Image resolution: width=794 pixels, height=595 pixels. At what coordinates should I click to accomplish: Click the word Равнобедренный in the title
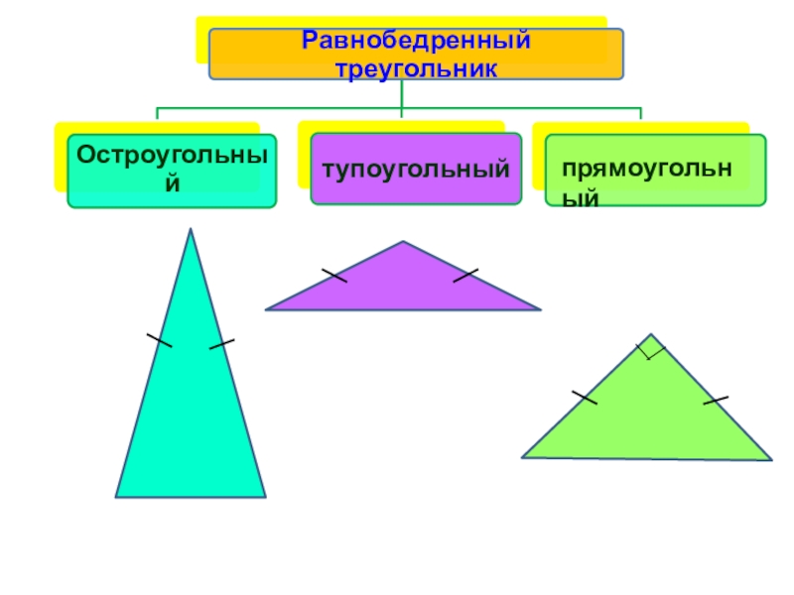pos(416,43)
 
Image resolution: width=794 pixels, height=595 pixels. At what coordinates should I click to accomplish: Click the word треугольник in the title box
pos(416,67)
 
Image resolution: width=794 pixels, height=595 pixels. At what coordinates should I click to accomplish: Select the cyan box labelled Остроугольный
pos(172,171)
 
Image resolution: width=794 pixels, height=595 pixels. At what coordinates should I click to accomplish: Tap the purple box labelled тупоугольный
pos(415,170)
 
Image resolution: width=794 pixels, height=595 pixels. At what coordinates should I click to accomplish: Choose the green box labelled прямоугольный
pos(655,170)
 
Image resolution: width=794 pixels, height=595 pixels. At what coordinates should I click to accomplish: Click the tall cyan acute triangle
pos(191,416)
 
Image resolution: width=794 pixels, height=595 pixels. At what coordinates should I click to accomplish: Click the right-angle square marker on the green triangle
pos(651,348)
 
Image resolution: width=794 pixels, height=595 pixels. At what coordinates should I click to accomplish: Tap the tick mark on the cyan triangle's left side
pos(159,340)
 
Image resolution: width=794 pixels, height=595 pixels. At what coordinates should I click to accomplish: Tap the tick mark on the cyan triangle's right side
pos(221,344)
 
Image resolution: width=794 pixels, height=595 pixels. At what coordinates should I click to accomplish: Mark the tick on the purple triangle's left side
pos(334,275)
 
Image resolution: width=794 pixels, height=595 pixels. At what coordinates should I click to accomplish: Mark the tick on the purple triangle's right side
pos(466,275)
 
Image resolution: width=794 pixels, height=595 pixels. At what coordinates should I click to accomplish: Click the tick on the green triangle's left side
pos(585,398)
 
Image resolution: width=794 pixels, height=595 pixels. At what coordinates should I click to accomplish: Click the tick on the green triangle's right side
pos(716,400)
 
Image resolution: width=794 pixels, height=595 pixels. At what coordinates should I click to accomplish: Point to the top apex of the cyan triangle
pos(191,230)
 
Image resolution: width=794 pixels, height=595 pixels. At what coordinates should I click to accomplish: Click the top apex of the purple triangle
pos(403,242)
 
